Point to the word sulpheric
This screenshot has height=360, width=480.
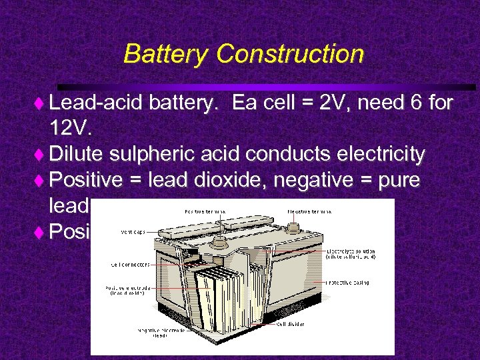click(x=150, y=155)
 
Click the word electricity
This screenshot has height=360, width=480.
click(x=369, y=155)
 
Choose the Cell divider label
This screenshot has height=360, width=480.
click(x=291, y=325)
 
